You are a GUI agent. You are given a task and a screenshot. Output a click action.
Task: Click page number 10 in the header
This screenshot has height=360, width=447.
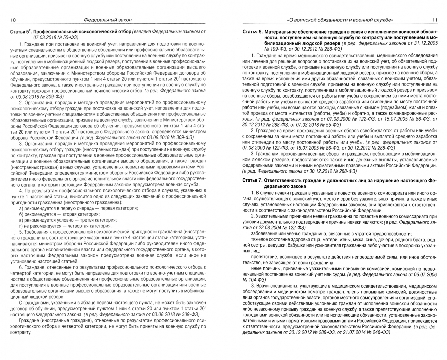click(13, 20)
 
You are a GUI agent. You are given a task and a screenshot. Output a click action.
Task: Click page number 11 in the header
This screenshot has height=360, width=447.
click(434, 20)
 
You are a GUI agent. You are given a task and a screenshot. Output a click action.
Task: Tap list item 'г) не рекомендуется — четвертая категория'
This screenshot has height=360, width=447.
click(60, 226)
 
